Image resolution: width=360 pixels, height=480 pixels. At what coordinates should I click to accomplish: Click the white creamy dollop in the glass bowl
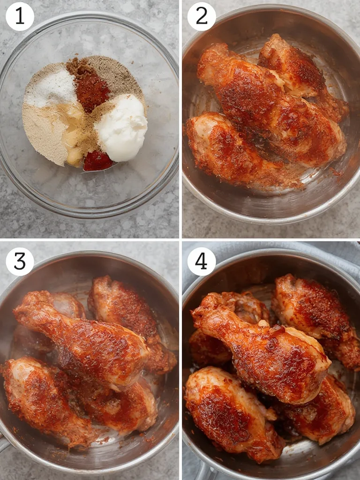(x=121, y=127)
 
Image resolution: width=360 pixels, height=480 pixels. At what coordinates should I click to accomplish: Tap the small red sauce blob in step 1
(x=97, y=161)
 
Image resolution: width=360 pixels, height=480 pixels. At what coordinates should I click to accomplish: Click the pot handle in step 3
(x=5, y=443)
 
